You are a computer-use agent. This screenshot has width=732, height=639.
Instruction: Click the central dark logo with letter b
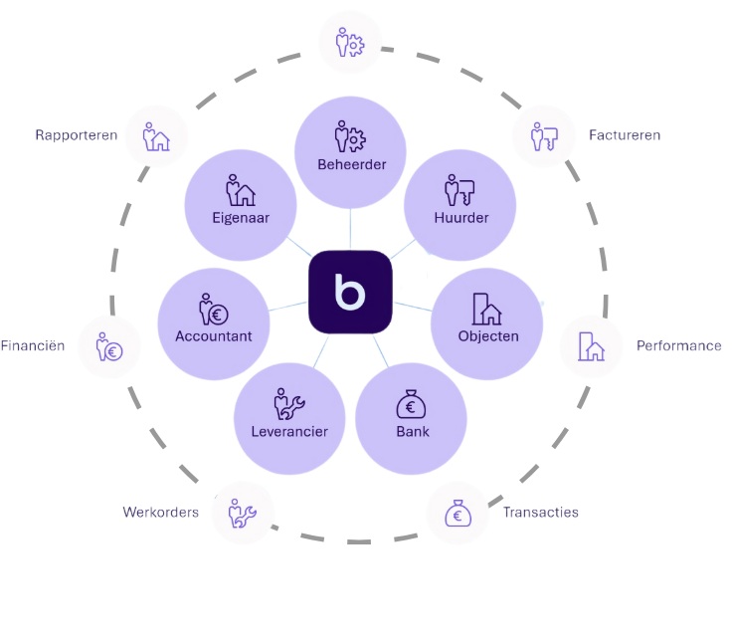point(350,291)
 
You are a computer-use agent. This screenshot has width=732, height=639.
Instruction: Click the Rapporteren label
point(77,135)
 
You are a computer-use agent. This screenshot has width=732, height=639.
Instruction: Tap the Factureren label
point(625,135)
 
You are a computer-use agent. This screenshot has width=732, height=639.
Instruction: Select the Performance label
point(679,346)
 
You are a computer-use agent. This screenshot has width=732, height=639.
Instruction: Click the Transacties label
point(540,513)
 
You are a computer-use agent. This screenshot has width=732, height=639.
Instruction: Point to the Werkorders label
point(161,513)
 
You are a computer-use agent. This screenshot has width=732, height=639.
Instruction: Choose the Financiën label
point(33,346)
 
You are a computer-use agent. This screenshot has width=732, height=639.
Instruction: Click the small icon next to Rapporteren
point(156,136)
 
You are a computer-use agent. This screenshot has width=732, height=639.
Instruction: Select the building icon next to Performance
point(591,346)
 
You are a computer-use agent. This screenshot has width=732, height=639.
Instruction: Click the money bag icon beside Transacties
point(457,514)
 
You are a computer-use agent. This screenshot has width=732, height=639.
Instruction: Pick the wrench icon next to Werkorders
point(243,514)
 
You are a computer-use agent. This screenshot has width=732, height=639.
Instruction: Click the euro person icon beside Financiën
point(109,347)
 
